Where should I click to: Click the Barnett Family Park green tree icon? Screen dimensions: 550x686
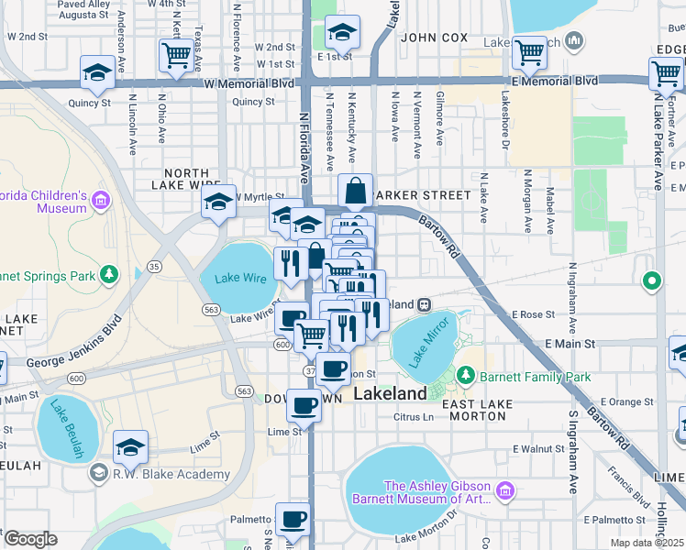click(466, 376)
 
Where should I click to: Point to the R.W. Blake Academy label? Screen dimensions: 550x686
click(171, 474)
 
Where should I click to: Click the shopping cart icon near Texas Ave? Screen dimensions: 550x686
click(175, 54)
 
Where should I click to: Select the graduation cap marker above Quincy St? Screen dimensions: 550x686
click(97, 72)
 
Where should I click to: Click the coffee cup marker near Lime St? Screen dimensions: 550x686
click(304, 404)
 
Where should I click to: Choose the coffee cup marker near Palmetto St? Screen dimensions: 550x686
click(293, 519)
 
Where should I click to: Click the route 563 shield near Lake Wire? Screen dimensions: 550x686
click(212, 310)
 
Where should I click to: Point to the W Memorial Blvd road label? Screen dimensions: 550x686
click(249, 82)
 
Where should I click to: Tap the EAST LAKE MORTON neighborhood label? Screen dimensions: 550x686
click(473, 410)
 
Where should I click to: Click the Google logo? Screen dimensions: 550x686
click(29, 539)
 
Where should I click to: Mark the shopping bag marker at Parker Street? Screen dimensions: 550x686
click(355, 192)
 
